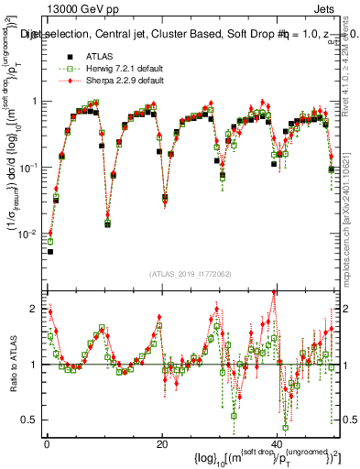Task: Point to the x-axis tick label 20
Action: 162,443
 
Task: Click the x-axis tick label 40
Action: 278,443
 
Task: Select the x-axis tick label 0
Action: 46,443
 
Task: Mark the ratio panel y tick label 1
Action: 34,365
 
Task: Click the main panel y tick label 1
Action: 34,101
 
